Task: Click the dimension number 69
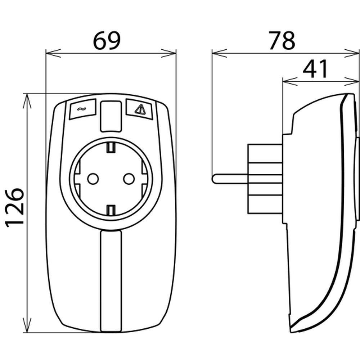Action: click(x=107, y=41)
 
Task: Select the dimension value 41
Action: click(x=315, y=69)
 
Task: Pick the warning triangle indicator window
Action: click(x=139, y=109)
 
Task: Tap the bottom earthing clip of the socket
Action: click(x=111, y=209)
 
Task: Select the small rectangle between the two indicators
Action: click(x=111, y=116)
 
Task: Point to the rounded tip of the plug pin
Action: click(x=214, y=178)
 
